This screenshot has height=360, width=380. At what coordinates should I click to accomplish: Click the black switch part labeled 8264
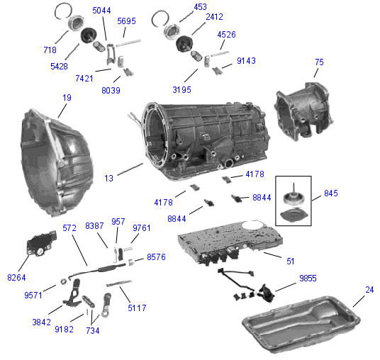pyautogui.click(x=40, y=246)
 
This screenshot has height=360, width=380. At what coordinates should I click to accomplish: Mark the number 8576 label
pyautogui.click(x=156, y=257)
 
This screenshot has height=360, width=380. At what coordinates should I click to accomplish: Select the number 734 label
pyautogui.click(x=92, y=330)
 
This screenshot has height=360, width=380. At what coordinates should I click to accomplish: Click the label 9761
pyautogui.click(x=142, y=227)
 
